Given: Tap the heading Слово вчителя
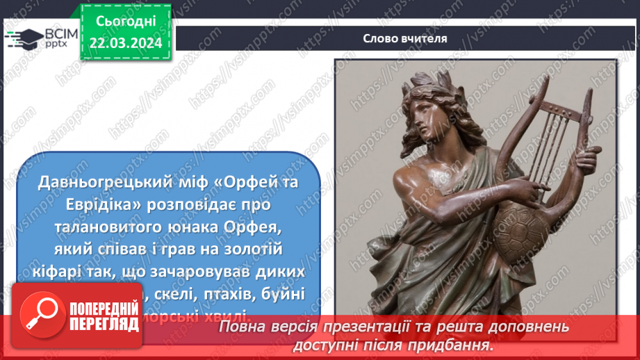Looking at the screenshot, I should click(x=405, y=38).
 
